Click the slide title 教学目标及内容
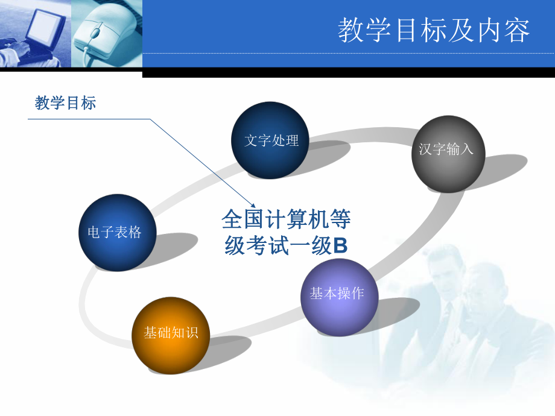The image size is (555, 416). [434, 30]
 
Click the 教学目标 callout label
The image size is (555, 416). [65, 103]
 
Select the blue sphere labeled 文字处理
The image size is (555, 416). [271, 140]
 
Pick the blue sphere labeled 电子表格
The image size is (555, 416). [118, 233]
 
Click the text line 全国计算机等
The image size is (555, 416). [285, 219]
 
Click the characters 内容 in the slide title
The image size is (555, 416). [506, 30]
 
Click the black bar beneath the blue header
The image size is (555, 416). [348, 72]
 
